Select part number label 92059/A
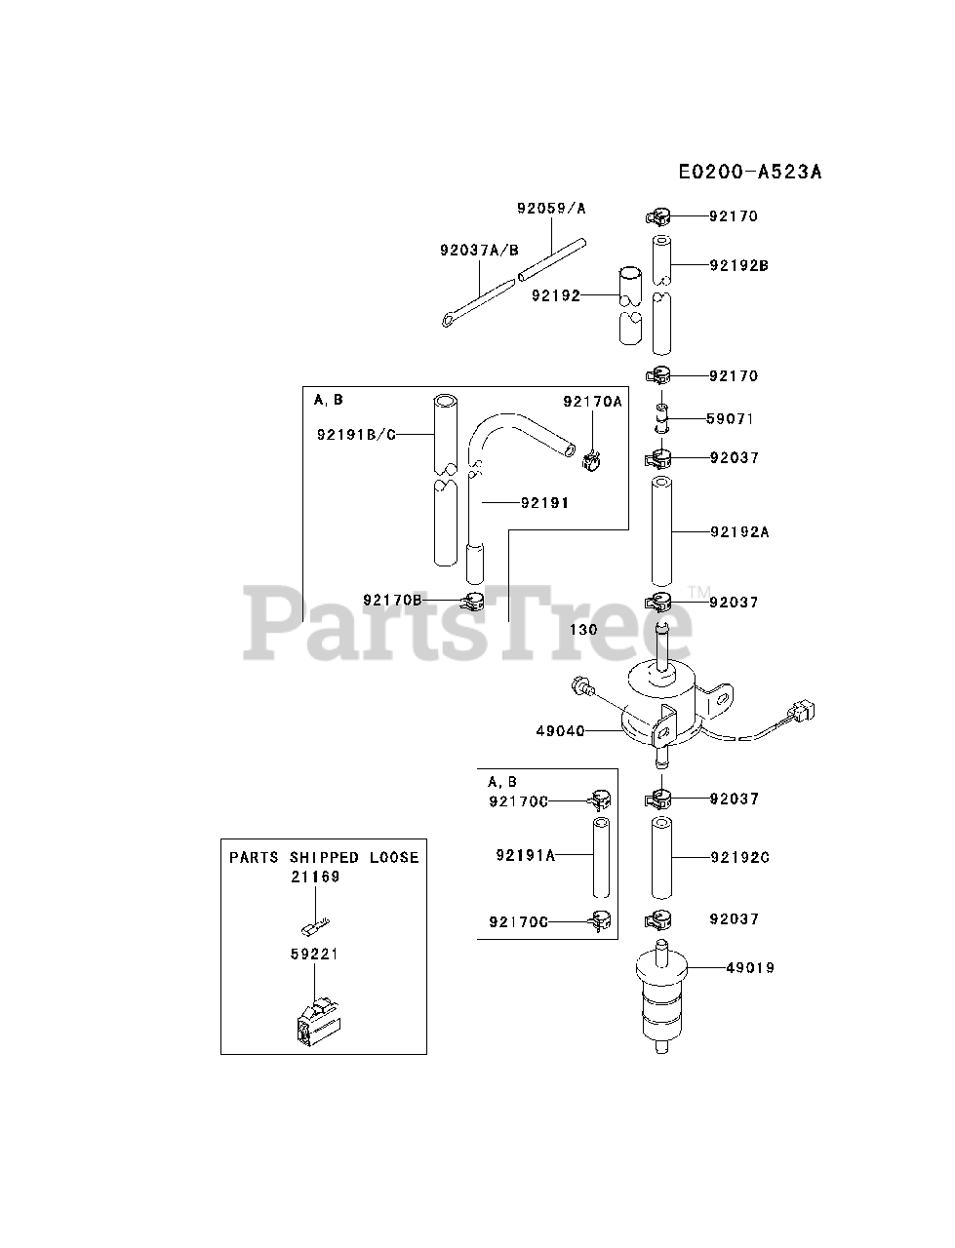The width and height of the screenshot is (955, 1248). point(551,209)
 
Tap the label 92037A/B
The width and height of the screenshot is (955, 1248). point(478,250)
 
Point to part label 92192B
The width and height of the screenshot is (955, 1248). point(738,264)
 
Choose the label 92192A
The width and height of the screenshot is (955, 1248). point(738,532)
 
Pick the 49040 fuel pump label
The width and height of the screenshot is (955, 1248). point(560,730)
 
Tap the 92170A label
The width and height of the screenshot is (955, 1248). point(592,401)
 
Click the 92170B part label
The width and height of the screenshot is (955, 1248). point(393,600)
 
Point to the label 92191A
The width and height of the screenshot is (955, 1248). point(525,855)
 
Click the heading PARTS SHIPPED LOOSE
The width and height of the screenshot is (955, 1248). point(324,858)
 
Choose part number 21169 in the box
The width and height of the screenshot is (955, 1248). point(314,877)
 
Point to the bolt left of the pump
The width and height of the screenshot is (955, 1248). point(583,688)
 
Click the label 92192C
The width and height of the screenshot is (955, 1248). point(738,858)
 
